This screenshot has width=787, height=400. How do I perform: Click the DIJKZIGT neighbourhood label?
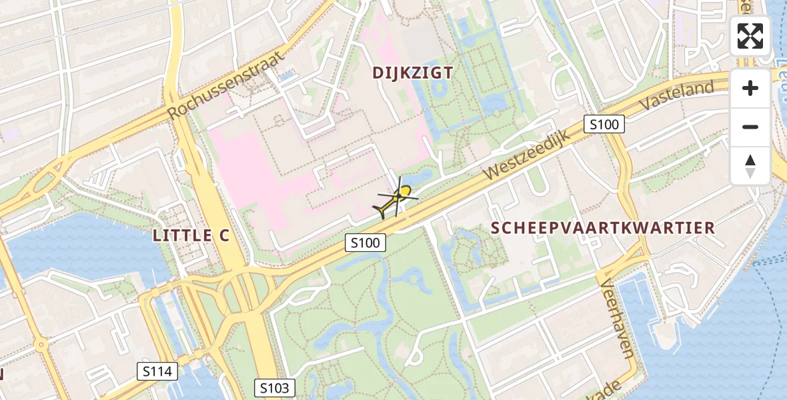[412, 73]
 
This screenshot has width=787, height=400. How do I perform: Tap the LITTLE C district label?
[191, 235]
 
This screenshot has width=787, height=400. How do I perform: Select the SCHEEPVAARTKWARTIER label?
[603, 228]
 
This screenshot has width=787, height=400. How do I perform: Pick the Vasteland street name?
[676, 95]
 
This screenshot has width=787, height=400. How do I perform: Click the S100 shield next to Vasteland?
[604, 124]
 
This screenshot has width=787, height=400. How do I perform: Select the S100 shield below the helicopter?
[365, 243]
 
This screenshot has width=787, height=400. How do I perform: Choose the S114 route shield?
[157, 372]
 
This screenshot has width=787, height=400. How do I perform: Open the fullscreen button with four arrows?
[750, 36]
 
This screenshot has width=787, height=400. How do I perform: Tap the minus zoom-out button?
[750, 127]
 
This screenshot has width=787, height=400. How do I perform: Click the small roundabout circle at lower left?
[39, 347]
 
